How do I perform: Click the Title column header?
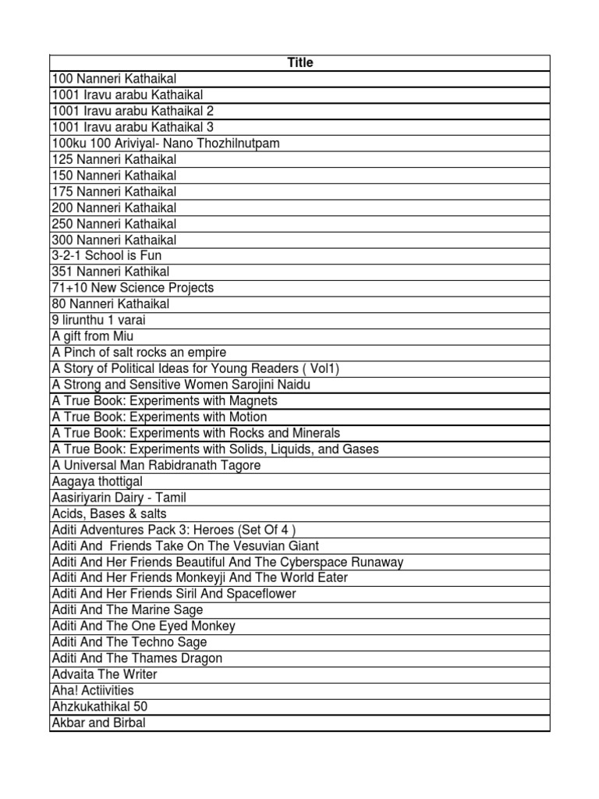(300, 62)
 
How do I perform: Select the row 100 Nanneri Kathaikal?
(114, 79)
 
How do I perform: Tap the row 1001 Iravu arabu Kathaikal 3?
(133, 127)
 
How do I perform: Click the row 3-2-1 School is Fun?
(107, 256)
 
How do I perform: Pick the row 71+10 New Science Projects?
(133, 288)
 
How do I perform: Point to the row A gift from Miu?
(93, 336)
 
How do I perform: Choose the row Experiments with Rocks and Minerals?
(196, 433)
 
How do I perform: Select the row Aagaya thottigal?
(97, 481)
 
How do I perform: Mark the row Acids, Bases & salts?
(108, 513)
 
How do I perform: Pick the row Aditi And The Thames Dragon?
(136, 659)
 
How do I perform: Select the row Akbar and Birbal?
(98, 723)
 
